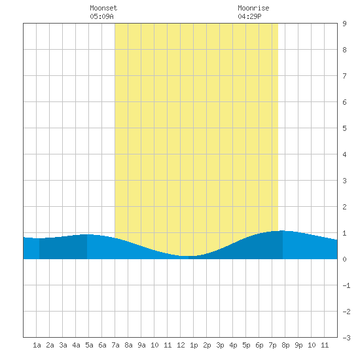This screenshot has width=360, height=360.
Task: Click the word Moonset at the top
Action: point(103,8)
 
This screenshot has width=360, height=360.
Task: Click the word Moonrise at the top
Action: point(253,8)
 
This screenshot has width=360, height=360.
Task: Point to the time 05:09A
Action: point(101,16)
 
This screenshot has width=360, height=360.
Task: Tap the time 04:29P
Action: point(249,16)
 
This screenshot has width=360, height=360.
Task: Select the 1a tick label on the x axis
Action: point(37,345)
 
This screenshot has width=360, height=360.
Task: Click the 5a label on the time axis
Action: point(89,345)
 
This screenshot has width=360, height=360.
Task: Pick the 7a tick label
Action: point(115,345)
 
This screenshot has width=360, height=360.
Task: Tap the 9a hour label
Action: point(141,345)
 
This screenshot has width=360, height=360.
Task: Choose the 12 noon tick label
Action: point(181,345)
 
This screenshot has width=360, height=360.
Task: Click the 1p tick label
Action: point(194,345)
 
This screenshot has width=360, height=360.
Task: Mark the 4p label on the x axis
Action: point(233,345)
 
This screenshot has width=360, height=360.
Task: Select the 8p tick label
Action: point(285,345)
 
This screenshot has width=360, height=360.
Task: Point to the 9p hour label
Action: point(298,345)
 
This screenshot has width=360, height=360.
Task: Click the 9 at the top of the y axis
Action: point(344,24)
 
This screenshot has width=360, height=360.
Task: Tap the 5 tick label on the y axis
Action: point(344,128)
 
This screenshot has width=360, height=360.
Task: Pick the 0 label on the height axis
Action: point(344,259)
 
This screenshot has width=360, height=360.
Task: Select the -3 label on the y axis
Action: point(346,338)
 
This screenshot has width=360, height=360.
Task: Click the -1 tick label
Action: point(346,285)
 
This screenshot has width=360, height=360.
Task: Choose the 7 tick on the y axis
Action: point(344,76)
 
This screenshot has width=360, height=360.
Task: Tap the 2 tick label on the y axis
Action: point(344,207)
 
